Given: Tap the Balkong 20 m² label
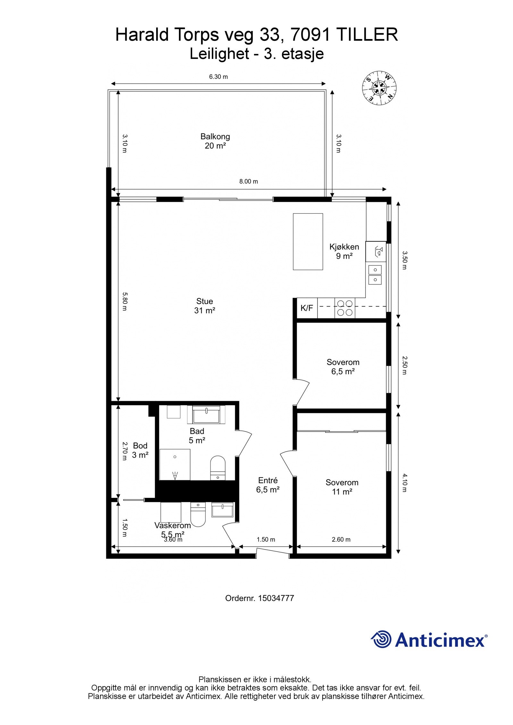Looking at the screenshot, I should (215, 141).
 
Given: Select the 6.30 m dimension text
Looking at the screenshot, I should (218, 77).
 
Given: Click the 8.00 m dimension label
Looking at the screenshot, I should (248, 181).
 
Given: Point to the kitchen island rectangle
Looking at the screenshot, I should (307, 242).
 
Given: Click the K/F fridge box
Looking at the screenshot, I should (307, 308).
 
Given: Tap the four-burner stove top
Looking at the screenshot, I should (345, 308).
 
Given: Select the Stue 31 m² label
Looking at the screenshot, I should (205, 306).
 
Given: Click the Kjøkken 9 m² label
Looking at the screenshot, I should (344, 251).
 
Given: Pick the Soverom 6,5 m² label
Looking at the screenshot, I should (343, 367).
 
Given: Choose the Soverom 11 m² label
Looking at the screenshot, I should (342, 487).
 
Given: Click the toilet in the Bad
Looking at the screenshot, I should (218, 467).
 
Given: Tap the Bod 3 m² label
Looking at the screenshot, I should (140, 450).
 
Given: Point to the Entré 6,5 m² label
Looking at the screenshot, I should (268, 485).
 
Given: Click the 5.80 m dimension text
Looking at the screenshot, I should (125, 301).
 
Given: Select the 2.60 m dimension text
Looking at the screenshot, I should (341, 540).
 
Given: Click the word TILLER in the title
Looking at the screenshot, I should (366, 35).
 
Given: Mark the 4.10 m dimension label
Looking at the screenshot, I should (404, 483).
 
